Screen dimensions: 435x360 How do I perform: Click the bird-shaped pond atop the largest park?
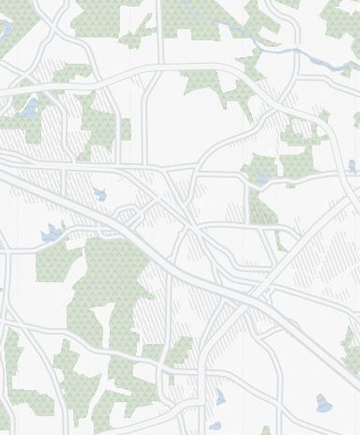pos(51,233)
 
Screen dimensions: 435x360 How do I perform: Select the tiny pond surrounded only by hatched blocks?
pos(99,195)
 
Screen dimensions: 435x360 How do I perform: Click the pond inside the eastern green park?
pos(261,176)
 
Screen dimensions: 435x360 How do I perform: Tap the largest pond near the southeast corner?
pos(324,403)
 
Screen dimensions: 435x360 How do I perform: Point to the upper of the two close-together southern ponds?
pos(221,397)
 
